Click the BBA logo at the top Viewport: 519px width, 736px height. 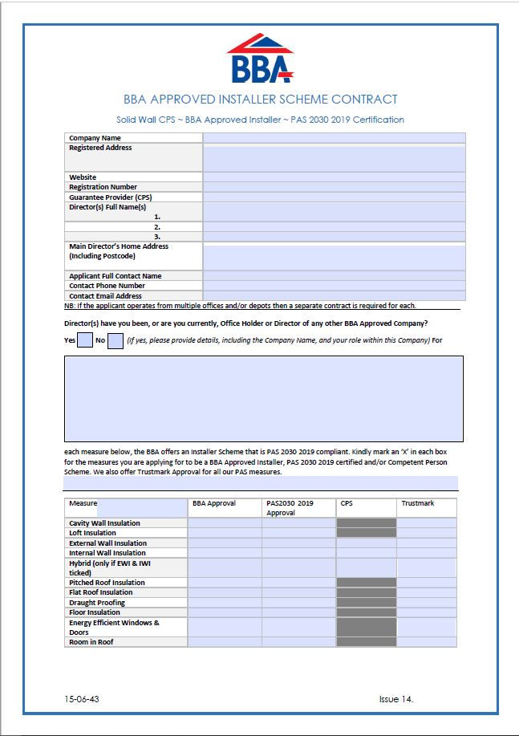[260, 59]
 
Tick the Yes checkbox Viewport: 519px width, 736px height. [85, 340]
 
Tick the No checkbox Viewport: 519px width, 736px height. [115, 340]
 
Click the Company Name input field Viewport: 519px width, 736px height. [334, 138]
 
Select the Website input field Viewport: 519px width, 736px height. [334, 177]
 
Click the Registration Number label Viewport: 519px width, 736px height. [103, 187]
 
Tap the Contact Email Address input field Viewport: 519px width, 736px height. [334, 296]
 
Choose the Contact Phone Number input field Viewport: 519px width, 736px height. [334, 286]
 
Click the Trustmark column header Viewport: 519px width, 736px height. [418, 503]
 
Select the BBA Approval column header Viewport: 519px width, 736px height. [213, 503]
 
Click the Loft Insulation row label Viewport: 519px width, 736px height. [92, 533]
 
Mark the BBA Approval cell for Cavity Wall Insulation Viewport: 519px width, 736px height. [225, 523]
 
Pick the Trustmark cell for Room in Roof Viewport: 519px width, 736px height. [426, 642]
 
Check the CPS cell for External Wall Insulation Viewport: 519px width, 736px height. [366, 543]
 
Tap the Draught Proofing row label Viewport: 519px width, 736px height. [97, 603]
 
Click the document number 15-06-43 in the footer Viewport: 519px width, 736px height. [83, 699]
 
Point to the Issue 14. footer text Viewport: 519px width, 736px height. [396, 699]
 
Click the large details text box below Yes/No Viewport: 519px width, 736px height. [263, 399]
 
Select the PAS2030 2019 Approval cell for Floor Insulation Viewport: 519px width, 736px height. [298, 612]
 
